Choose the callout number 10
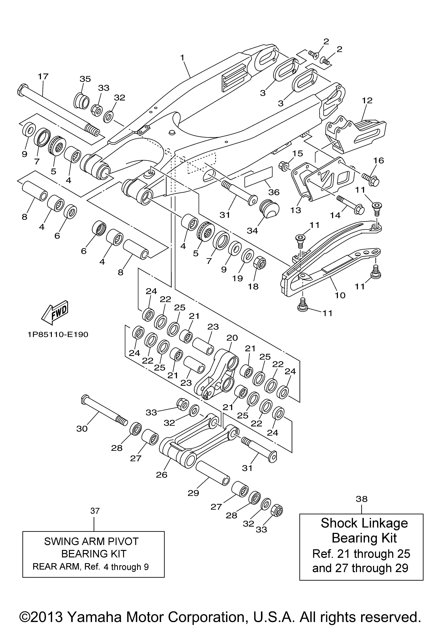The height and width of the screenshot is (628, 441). coord(340,295)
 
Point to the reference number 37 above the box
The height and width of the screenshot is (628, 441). coord(95,511)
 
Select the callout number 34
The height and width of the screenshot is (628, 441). coord(252,231)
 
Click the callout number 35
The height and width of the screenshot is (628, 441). coord(85,79)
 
